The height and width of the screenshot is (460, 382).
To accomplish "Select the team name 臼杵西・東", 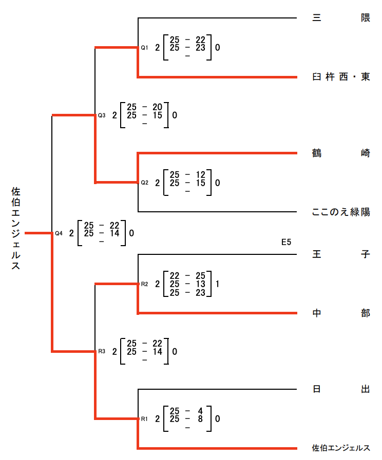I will click(x=341, y=77).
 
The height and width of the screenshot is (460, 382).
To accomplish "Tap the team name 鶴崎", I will click(x=341, y=153).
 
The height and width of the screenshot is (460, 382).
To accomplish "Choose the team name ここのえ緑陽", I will click(x=341, y=212).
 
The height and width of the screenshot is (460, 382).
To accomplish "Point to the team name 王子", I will click(x=341, y=254).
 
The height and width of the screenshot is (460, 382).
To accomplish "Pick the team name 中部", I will click(x=341, y=313).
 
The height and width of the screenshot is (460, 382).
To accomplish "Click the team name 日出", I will click(x=341, y=389).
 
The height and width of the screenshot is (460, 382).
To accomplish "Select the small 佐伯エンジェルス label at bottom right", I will click(x=341, y=448).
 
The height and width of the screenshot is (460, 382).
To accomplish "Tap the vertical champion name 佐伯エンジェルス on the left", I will click(x=16, y=229).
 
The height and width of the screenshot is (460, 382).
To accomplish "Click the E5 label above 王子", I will click(x=286, y=242).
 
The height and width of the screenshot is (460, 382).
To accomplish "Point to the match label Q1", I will click(x=144, y=48).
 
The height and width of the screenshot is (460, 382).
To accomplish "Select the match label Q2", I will click(x=144, y=183).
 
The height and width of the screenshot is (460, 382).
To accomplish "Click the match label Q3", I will click(x=102, y=115).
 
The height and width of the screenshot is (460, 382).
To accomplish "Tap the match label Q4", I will click(x=59, y=233).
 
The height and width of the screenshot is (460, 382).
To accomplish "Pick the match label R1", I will click(x=144, y=419).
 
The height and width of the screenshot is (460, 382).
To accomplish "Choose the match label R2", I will click(x=144, y=284).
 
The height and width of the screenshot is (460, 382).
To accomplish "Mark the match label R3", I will click(x=102, y=351).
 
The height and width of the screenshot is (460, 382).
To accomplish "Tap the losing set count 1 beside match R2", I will click(x=218, y=284).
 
